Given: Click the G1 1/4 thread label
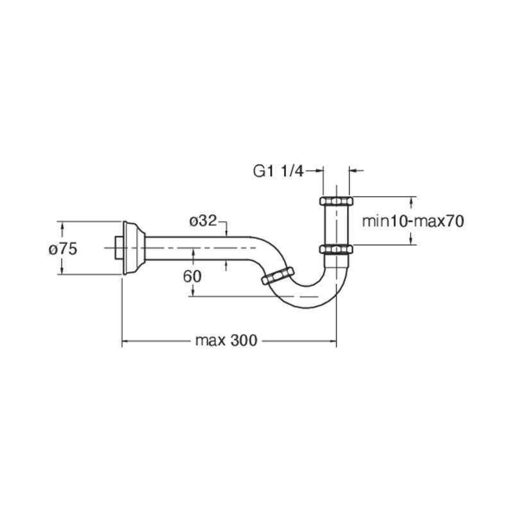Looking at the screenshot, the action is [x=278, y=171].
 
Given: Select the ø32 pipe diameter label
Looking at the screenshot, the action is [x=203, y=221].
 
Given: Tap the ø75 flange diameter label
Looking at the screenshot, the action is [x=63, y=249].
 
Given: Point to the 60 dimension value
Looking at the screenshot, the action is [x=192, y=277].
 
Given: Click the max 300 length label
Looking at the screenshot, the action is [x=226, y=341].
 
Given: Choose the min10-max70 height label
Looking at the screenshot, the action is [x=413, y=221].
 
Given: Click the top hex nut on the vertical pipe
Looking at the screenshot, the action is [x=336, y=201].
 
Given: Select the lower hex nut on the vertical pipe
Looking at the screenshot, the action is [x=336, y=249].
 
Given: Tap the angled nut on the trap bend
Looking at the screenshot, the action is [x=278, y=276].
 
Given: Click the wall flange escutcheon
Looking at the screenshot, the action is [x=133, y=248].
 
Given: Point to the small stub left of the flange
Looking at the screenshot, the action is [x=119, y=248].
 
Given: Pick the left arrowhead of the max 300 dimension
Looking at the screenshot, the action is [x=126, y=341].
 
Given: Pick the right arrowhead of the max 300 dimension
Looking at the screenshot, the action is [x=332, y=341].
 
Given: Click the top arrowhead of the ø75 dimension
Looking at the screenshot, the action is [x=61, y=226].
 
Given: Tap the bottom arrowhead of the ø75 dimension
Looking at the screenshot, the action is [x=61, y=270].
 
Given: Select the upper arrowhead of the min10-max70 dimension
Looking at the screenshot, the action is [x=411, y=201].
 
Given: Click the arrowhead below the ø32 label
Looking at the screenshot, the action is [x=226, y=232].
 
